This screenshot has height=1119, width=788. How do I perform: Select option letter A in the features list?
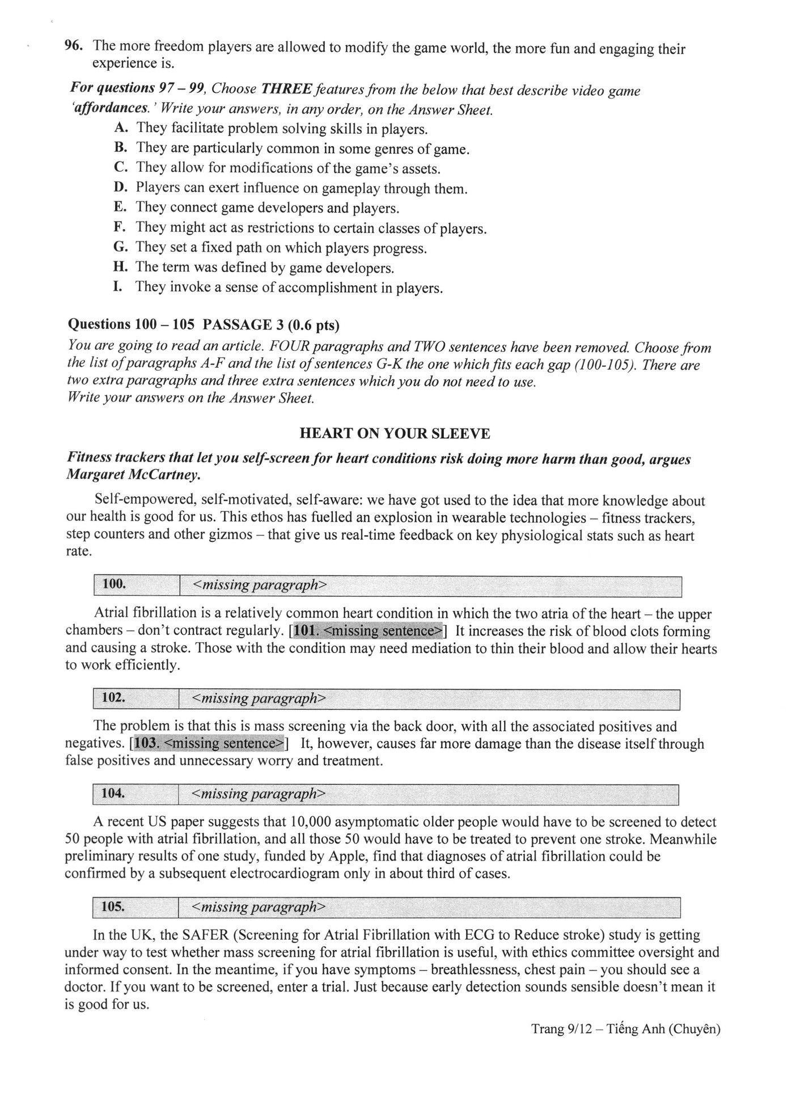point(120,129)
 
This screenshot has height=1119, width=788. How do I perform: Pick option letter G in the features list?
point(120,248)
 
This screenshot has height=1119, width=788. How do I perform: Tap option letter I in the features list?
point(117,287)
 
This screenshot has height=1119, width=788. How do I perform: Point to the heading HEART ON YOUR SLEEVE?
point(395,434)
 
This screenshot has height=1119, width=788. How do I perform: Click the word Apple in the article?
point(379,857)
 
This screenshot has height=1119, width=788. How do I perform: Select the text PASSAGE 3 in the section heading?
point(240,325)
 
